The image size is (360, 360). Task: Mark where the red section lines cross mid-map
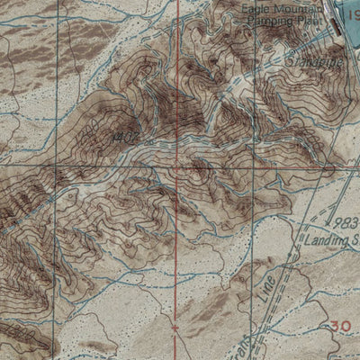point(177,166)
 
